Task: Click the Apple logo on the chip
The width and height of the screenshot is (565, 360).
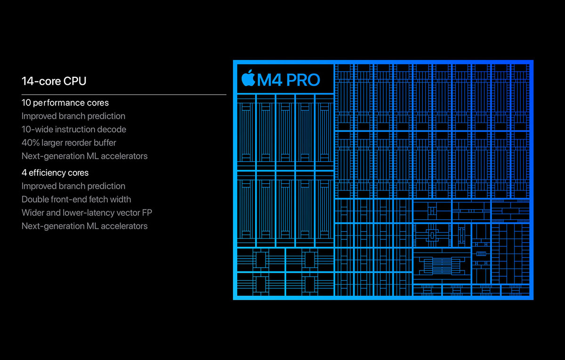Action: click(249, 78)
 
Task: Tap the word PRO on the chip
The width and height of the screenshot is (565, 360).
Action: click(303, 80)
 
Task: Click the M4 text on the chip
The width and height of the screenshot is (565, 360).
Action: click(270, 80)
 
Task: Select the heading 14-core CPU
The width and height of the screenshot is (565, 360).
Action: click(54, 81)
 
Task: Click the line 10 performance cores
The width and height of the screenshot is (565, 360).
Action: click(65, 103)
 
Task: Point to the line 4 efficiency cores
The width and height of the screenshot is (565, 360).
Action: click(55, 172)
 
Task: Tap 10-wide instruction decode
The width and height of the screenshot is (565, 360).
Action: click(74, 129)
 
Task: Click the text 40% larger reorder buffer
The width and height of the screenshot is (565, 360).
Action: click(69, 143)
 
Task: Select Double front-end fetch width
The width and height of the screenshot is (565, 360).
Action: click(76, 199)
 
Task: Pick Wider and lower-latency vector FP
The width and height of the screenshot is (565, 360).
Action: click(87, 213)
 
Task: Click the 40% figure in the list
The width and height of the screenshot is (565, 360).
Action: click(31, 143)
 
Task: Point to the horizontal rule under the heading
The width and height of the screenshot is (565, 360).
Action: click(124, 95)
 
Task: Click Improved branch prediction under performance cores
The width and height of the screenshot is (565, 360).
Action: click(73, 116)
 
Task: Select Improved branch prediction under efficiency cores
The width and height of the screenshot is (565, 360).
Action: click(73, 186)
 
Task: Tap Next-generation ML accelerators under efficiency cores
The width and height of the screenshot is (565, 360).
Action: click(84, 226)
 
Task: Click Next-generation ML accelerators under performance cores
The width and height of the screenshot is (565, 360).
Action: click(84, 156)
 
